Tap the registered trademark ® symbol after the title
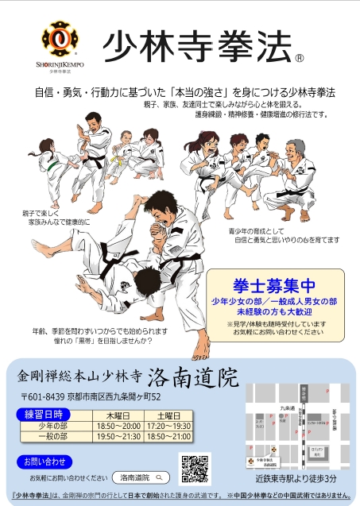click(300, 57)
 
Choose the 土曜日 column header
click(168, 415)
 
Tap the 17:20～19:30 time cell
click(168, 426)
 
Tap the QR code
click(195, 468)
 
